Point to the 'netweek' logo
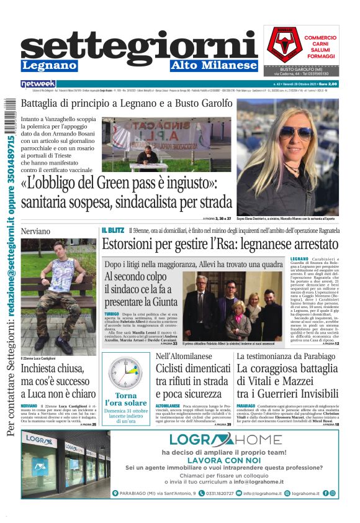(x=38, y=84)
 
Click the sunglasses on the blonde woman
(x=294, y=132)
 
